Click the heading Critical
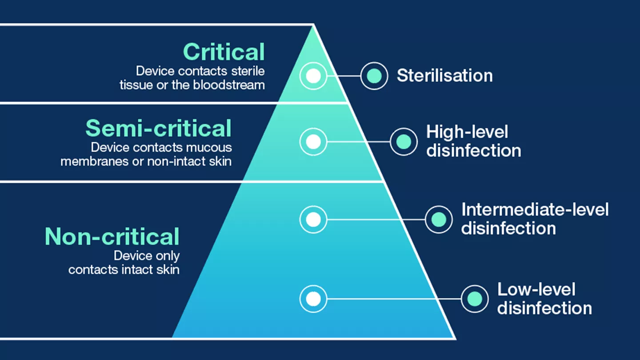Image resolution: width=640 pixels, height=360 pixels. (x=224, y=52)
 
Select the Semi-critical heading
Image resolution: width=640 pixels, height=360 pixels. (x=159, y=128)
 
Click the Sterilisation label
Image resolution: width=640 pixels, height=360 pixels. (x=444, y=76)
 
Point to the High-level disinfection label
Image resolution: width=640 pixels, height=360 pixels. (x=473, y=141)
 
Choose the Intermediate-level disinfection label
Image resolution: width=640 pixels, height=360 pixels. (x=535, y=219)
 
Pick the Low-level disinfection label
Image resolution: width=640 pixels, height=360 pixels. (x=544, y=299)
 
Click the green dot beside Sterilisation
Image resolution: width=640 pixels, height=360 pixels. (x=374, y=76)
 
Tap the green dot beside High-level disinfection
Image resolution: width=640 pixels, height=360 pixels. (x=404, y=142)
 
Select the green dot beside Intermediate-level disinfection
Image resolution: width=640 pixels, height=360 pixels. (x=439, y=219)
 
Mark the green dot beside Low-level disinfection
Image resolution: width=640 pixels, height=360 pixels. (x=475, y=299)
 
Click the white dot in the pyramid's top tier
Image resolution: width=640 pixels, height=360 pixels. (x=313, y=76)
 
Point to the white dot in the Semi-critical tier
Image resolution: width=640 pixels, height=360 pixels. (x=313, y=142)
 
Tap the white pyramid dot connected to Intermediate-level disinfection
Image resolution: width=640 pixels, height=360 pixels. (x=313, y=219)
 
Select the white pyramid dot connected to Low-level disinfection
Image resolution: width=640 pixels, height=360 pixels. (x=313, y=299)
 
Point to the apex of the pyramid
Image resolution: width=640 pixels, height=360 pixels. (x=313, y=25)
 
